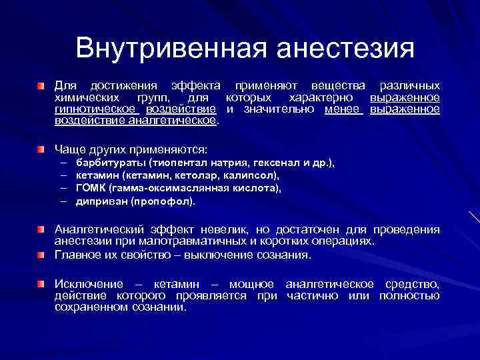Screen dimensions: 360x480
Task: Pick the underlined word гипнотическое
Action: (94, 109)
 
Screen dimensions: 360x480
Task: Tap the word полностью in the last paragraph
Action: (409, 297)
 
